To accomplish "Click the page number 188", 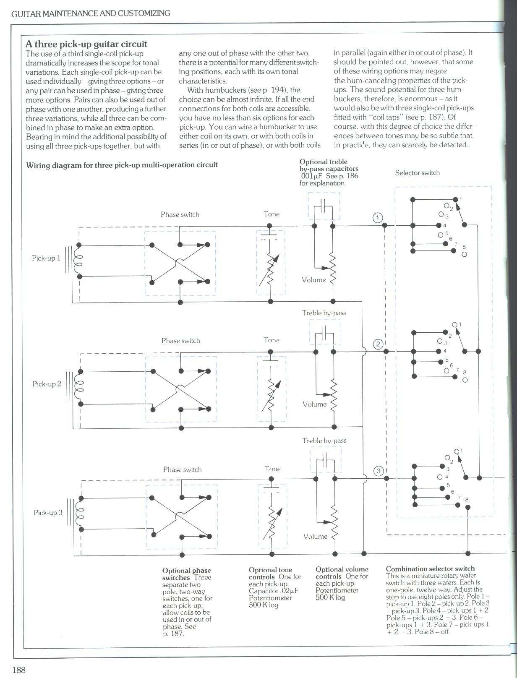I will (19, 670).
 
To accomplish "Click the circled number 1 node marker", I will (378, 217).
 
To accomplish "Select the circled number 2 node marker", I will (378, 344).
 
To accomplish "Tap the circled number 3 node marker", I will (378, 471).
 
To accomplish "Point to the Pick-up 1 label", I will (46, 258).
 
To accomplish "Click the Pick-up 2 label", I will (47, 384).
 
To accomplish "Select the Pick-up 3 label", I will (48, 512).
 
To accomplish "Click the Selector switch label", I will (417, 172).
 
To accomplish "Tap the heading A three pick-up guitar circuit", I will (86, 44).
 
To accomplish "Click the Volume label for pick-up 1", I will (313, 280).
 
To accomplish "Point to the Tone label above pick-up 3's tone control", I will (272, 469).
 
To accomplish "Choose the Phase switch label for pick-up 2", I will (180, 341).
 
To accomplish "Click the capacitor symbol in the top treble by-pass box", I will (324, 206).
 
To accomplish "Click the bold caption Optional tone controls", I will (270, 573).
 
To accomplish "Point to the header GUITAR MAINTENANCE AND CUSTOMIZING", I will (91, 13).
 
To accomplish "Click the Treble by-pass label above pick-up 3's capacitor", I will (324, 441).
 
